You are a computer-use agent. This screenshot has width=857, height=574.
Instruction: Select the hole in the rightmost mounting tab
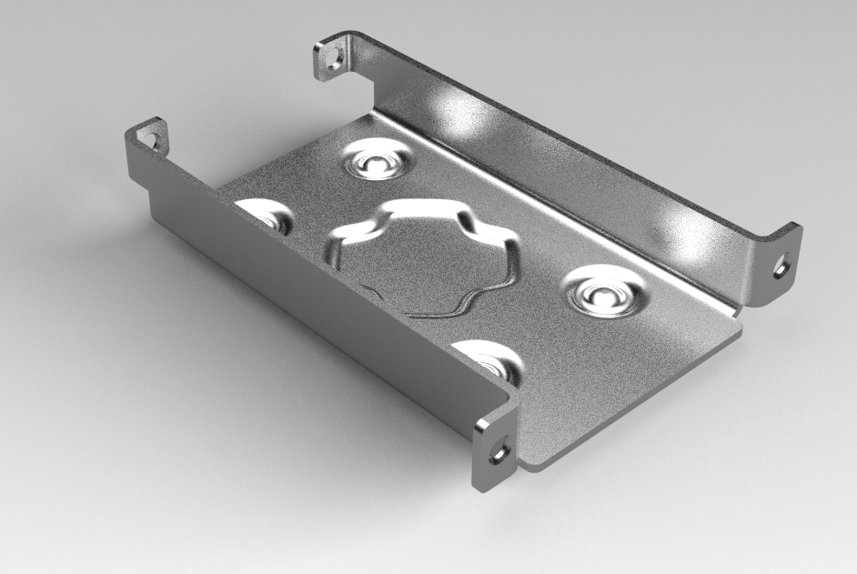point(780,267)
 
